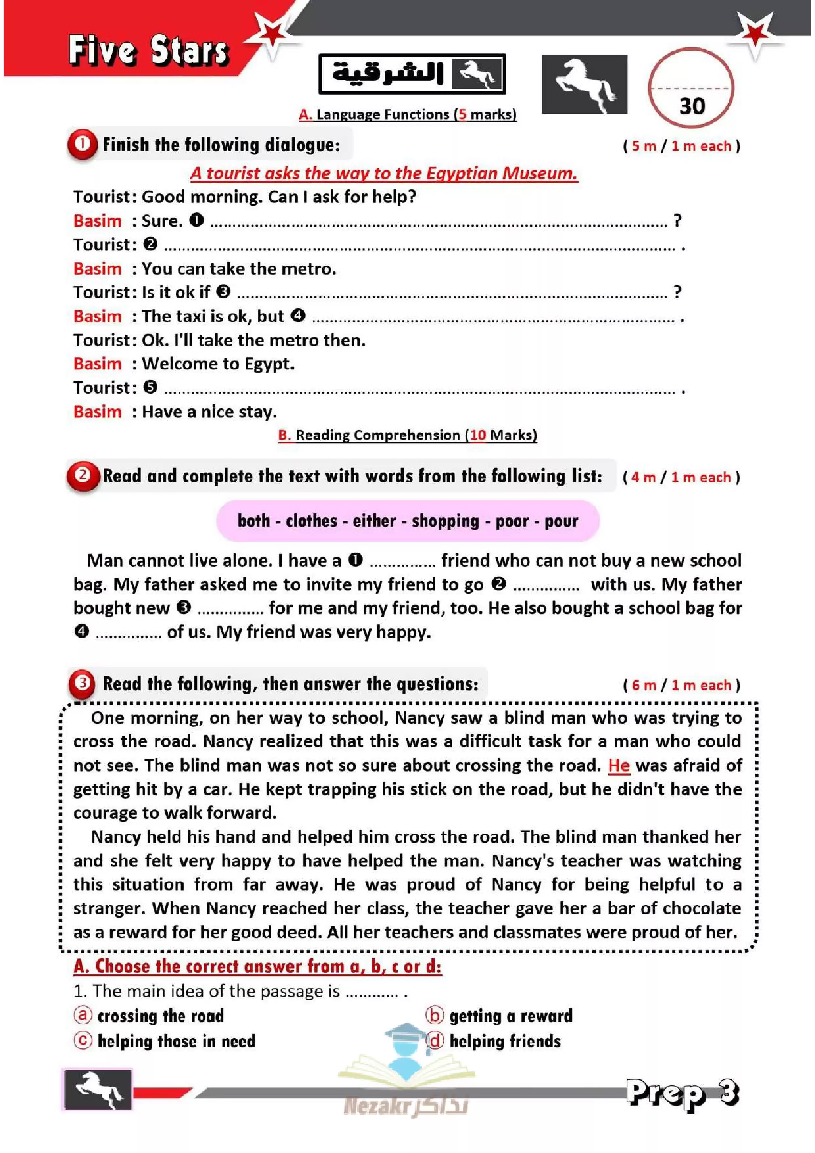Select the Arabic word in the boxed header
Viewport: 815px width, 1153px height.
point(388,73)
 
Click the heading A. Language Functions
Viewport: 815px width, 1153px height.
point(407,114)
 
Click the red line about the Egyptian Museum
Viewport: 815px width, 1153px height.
point(384,173)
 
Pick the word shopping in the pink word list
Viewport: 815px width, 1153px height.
point(445,521)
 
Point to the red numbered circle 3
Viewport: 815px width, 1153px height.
point(82,683)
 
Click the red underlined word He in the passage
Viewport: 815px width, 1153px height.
point(619,765)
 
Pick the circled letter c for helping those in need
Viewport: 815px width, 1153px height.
point(83,1040)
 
